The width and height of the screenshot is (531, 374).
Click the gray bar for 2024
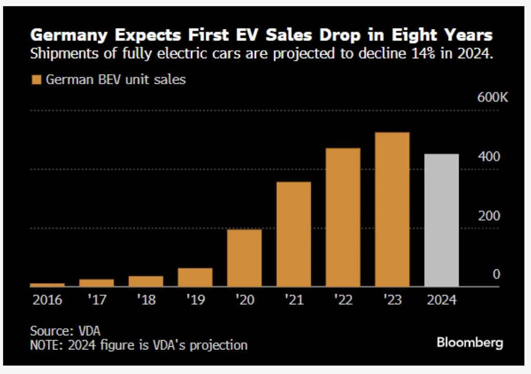441,220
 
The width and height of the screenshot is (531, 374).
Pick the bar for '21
294,234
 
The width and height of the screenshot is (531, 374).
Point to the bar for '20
244,258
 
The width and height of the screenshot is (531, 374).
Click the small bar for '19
195,277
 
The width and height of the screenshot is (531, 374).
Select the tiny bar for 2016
47,285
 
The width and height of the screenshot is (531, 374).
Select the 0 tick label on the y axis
496,274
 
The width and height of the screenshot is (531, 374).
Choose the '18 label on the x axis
146,300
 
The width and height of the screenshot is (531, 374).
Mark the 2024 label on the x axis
441,300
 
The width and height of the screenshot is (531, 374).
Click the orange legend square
36,80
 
